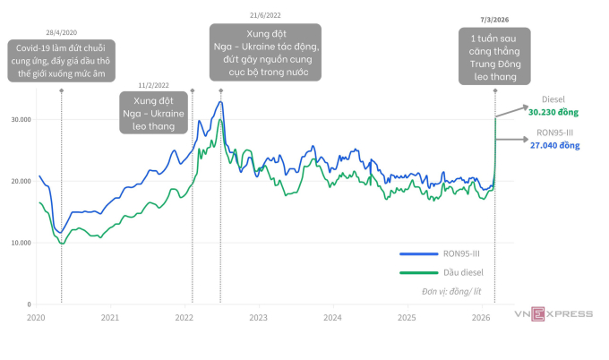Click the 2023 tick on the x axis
click(258, 318)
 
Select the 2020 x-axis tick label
click(36, 318)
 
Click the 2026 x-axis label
click(481, 318)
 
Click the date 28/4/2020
click(61, 30)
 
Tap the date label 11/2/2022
click(179, 86)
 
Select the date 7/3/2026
click(494, 19)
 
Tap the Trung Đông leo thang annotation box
click(494, 56)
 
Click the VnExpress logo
click(553, 313)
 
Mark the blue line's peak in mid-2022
click(220, 101)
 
